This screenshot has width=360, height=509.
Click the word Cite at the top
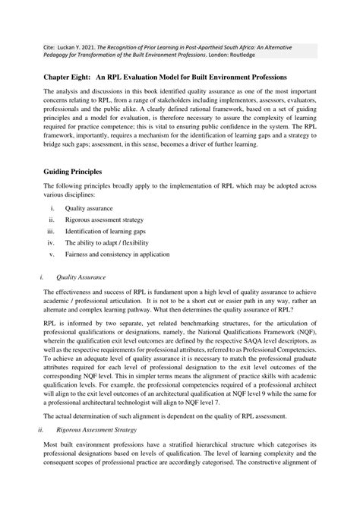point(49,46)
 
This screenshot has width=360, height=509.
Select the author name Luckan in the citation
point(76,46)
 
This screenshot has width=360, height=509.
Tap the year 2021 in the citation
point(105,46)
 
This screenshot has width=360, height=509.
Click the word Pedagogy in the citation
point(58,55)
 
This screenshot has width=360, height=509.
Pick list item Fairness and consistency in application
point(117,254)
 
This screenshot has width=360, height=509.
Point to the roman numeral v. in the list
point(52,254)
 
